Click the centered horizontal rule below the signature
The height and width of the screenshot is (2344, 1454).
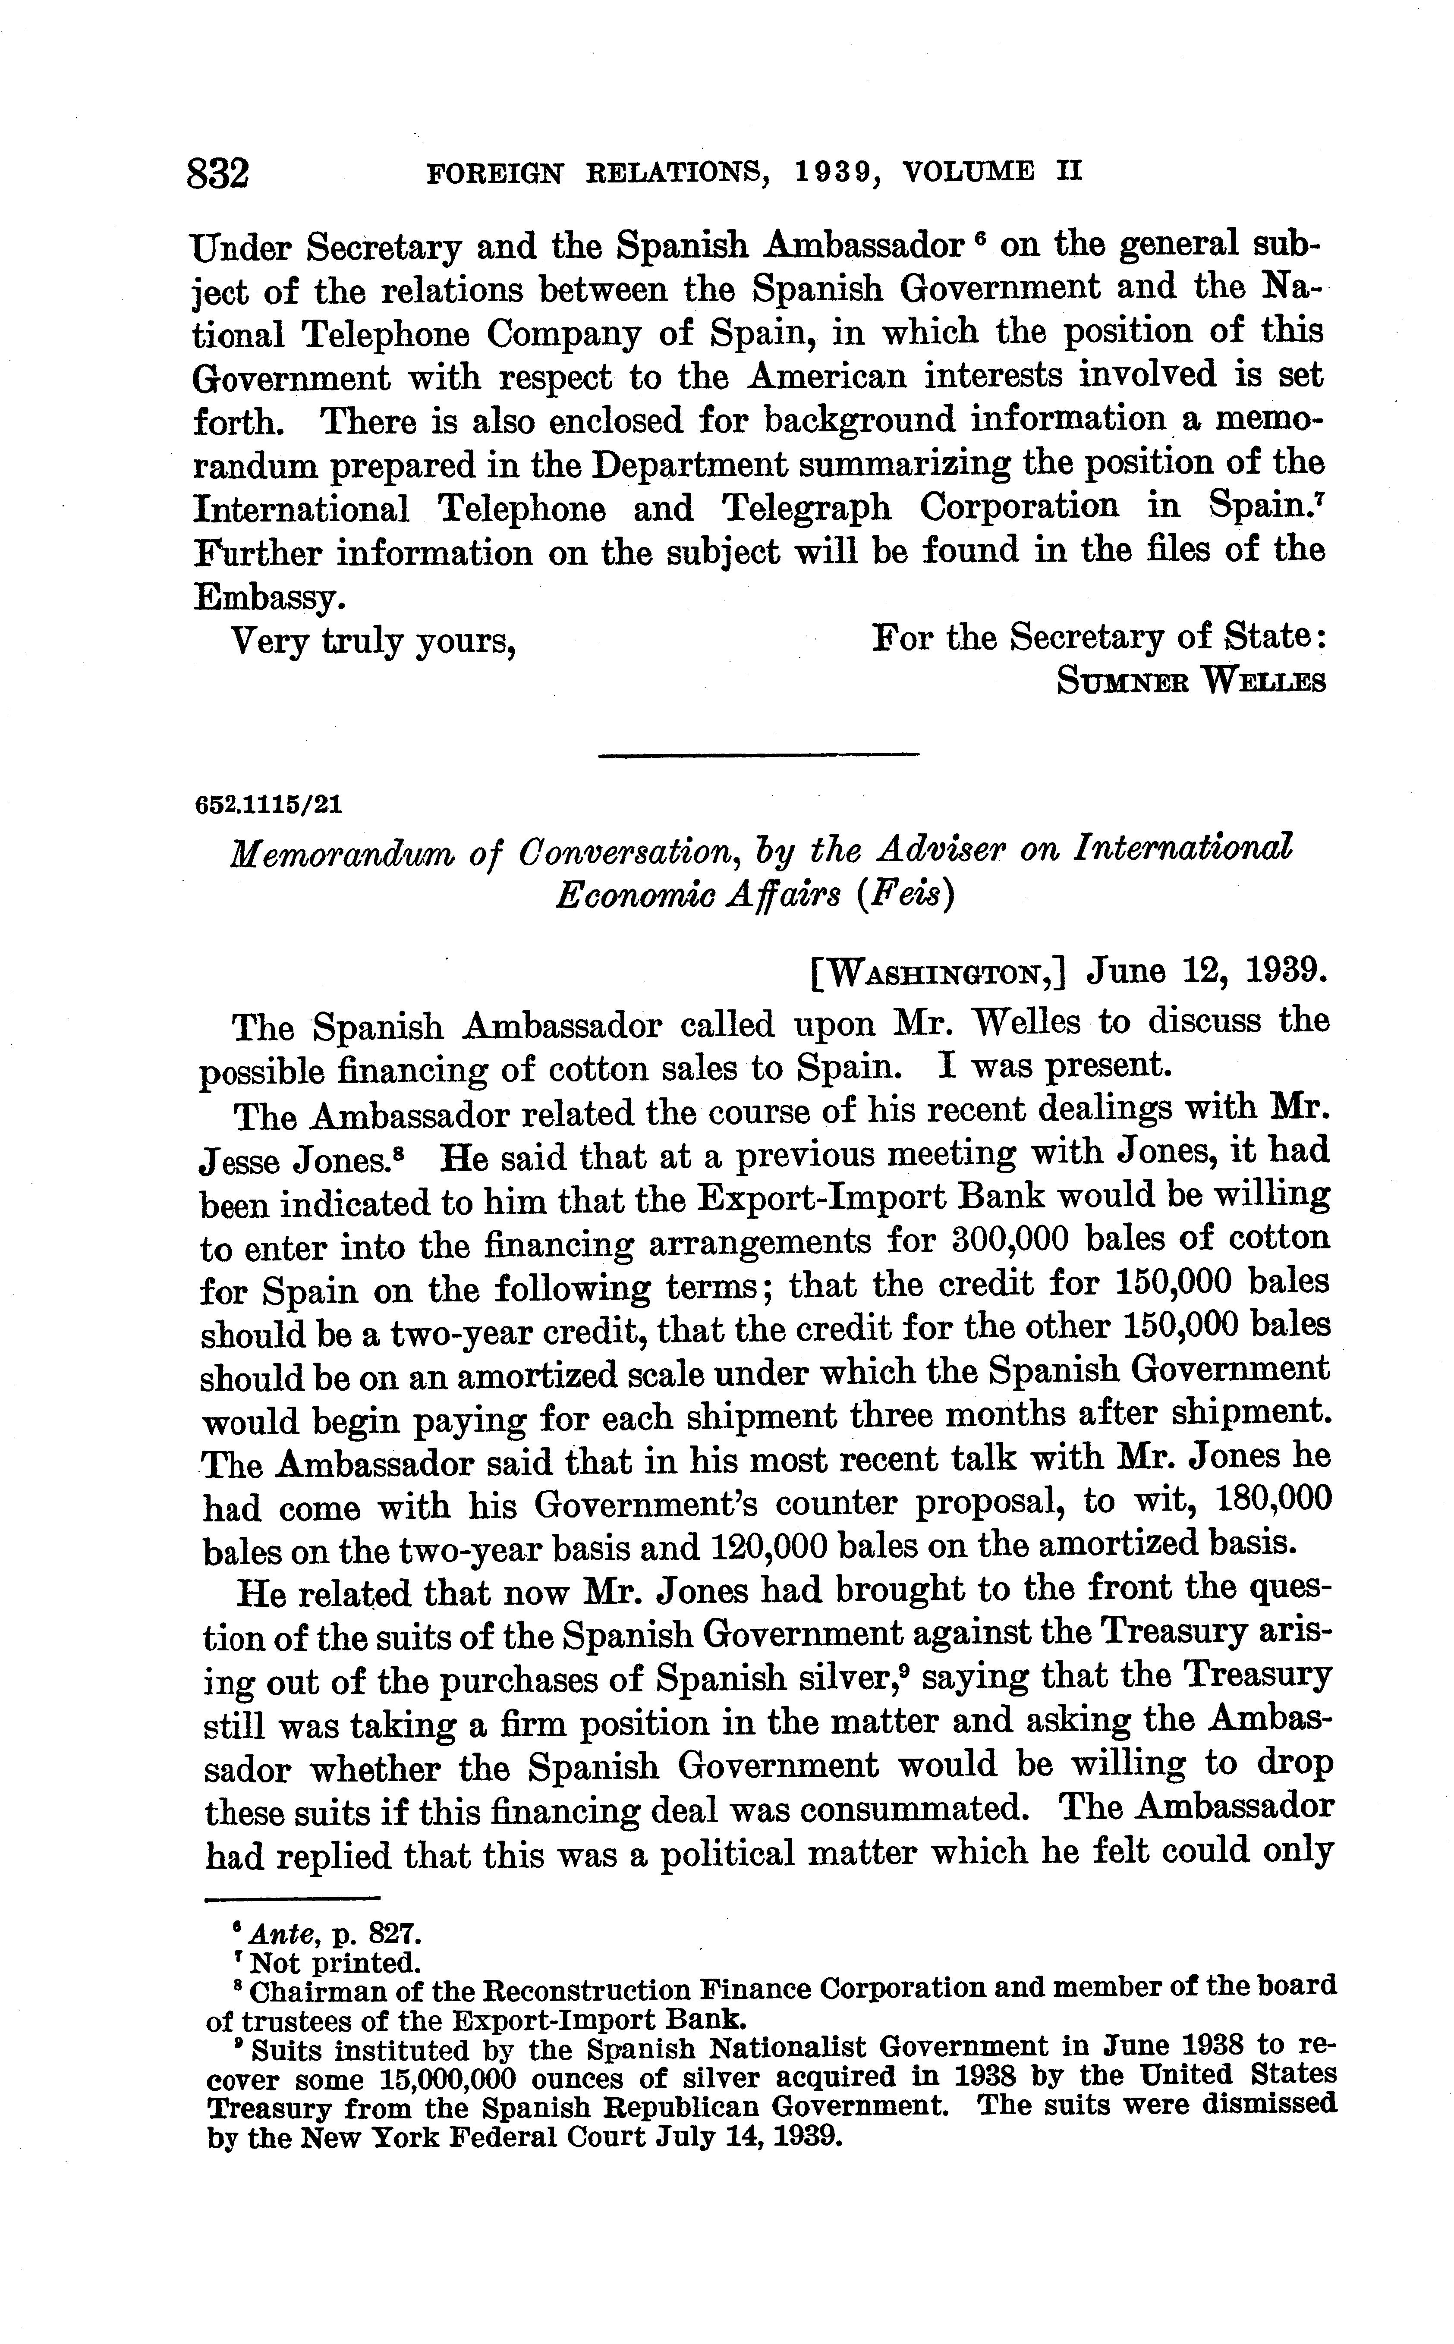pyautogui.click(x=759, y=755)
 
